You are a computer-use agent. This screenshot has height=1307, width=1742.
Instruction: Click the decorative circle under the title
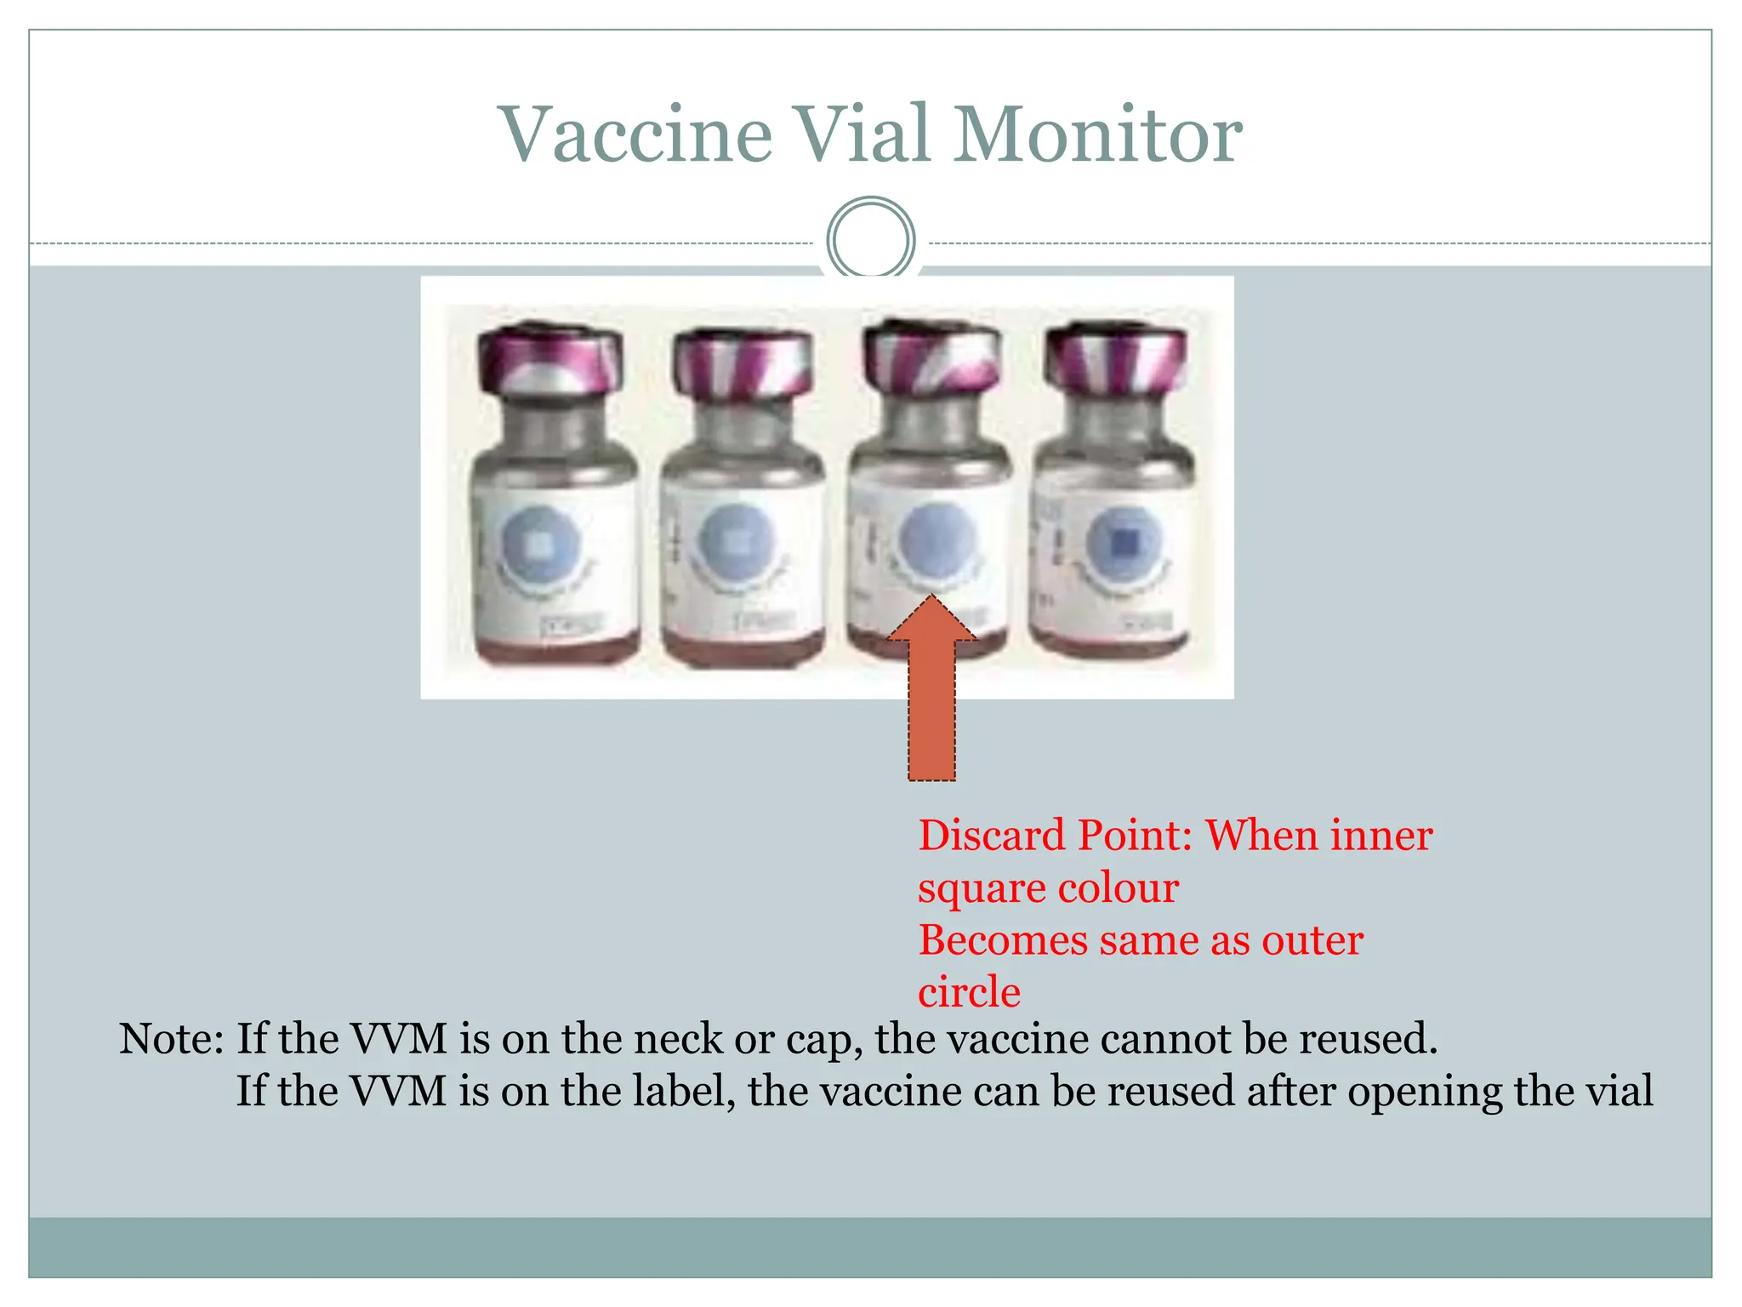coord(871,240)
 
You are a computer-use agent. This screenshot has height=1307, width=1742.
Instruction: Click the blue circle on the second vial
coord(737,541)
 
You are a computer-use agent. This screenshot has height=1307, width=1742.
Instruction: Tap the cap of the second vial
coord(742,364)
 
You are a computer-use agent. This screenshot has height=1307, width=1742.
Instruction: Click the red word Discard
coord(993,836)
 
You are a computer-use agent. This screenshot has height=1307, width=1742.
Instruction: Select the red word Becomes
coord(1002,941)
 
